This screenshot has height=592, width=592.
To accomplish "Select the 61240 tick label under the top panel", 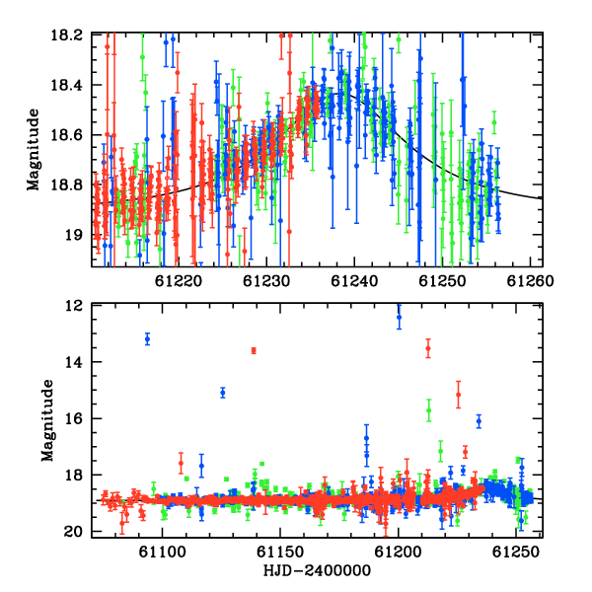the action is point(354,281).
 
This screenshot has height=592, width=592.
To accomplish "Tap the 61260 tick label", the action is point(530,281).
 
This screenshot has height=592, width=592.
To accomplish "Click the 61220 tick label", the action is point(179,281).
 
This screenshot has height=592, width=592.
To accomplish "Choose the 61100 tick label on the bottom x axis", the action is point(163,553).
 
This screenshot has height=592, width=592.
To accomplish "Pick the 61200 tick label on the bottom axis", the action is point(398,553).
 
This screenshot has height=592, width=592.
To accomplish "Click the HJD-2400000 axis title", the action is point(317,570).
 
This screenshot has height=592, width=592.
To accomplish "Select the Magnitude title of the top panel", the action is point(34,150).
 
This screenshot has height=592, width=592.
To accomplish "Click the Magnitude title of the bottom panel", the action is point(47,420).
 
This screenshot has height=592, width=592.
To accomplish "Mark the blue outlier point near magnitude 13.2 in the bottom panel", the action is point(148,339).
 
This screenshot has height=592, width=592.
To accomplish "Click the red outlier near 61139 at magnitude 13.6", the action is point(254,350).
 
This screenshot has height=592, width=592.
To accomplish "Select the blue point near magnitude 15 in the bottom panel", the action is point(223,393).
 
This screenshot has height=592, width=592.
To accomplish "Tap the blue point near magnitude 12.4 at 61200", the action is point(399,317).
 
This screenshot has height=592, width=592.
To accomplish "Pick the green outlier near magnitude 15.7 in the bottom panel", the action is point(429,410).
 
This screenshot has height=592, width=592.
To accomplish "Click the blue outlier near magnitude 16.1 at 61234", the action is point(479,421).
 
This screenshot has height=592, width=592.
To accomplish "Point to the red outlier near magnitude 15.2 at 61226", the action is point(459,395).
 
